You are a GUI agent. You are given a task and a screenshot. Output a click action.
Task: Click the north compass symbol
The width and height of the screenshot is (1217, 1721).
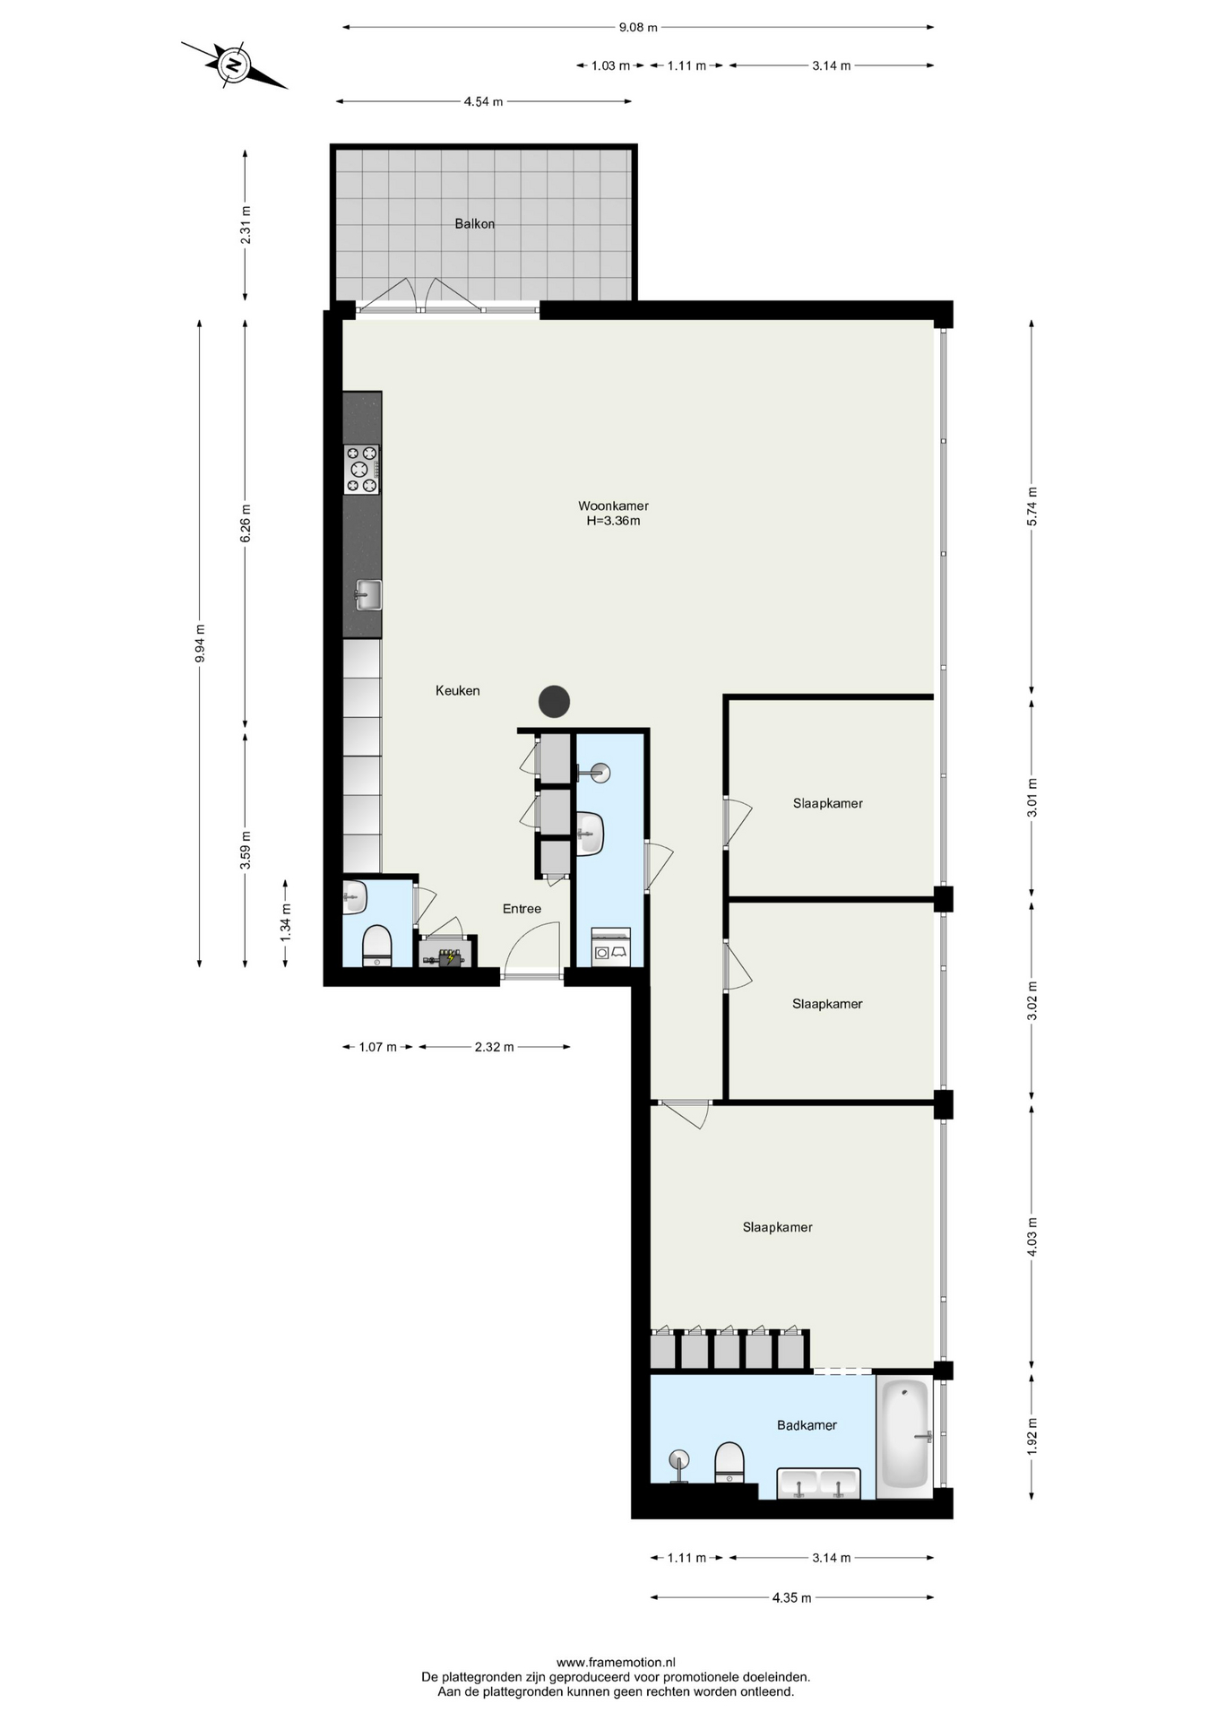click(234, 65)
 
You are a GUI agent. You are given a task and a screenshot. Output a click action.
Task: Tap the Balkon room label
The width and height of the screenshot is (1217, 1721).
click(474, 224)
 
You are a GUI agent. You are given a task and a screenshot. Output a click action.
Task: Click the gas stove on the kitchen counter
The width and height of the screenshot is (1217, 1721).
click(362, 470)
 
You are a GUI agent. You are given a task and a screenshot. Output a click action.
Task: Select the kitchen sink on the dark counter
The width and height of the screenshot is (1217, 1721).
click(368, 595)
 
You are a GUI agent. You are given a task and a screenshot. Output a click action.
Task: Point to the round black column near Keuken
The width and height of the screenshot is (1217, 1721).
click(554, 701)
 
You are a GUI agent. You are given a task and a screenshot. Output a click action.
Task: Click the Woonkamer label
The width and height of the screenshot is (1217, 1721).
click(613, 506)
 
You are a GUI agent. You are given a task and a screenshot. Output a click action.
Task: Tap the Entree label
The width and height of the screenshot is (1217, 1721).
click(522, 909)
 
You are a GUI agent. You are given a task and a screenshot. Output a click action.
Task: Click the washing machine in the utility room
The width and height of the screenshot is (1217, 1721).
click(611, 948)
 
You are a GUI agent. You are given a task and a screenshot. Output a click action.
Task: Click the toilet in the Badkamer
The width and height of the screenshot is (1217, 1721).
click(729, 1461)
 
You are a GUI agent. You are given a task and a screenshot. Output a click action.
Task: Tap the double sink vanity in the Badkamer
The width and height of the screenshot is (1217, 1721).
click(818, 1483)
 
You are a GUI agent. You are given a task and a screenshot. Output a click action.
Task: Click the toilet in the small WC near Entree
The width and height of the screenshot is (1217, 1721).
click(377, 946)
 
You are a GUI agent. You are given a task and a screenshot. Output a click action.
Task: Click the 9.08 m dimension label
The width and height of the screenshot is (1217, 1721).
click(638, 27)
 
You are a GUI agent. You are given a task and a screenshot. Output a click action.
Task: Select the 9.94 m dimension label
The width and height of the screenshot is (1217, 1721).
click(200, 643)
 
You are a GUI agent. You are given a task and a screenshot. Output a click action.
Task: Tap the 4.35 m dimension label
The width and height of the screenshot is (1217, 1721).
click(791, 1597)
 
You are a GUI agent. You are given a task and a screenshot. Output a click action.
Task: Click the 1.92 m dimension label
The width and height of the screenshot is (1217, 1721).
click(1031, 1435)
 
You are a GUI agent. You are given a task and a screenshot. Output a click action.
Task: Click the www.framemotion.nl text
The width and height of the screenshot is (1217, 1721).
click(616, 1662)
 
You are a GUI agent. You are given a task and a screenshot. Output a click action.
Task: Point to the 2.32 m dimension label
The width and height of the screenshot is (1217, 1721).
click(494, 1046)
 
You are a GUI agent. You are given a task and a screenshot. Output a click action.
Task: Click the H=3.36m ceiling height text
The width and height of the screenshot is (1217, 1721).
click(613, 521)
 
